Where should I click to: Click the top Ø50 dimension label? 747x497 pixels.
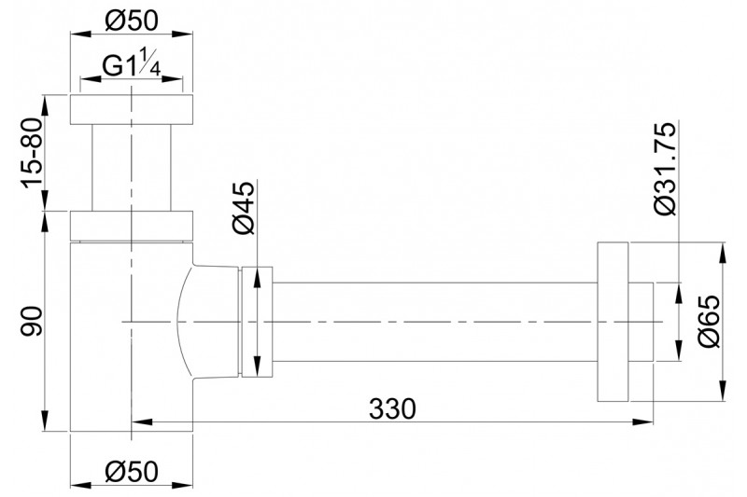131,21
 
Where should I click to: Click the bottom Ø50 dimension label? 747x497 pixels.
131,471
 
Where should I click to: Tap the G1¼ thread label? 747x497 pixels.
131,65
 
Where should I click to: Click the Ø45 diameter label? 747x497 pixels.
245,208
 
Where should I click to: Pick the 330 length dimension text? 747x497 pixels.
392,408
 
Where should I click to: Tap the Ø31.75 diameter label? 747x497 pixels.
665,170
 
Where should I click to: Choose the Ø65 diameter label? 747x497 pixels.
710,322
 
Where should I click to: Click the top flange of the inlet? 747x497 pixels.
132,110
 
